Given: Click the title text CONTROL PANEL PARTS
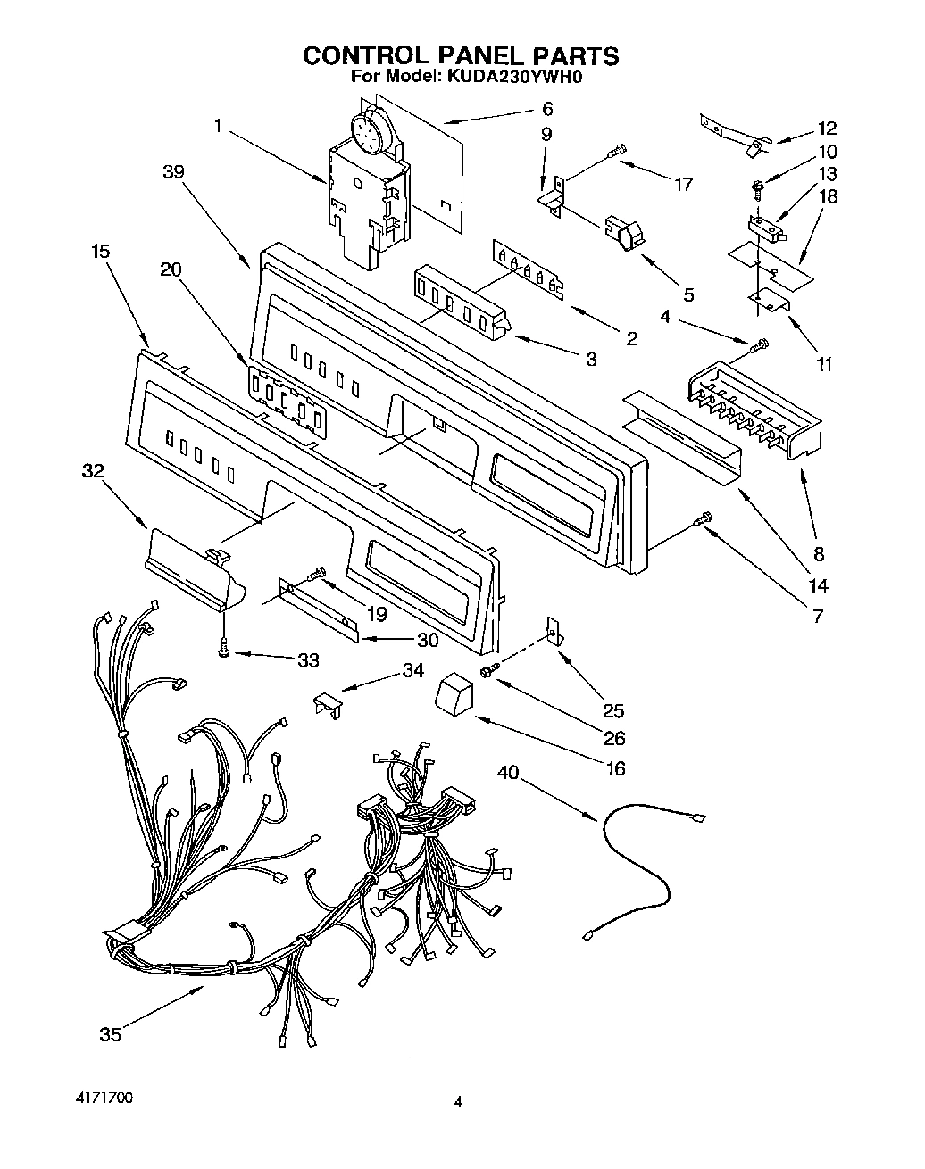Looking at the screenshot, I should click(x=460, y=55).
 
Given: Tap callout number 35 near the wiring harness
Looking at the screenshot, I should click(x=110, y=1034).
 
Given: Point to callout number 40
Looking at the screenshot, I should click(x=508, y=775).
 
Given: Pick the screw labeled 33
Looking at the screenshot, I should click(x=223, y=653).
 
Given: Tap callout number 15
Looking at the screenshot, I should click(x=100, y=252).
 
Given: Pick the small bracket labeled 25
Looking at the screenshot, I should click(x=554, y=632).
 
